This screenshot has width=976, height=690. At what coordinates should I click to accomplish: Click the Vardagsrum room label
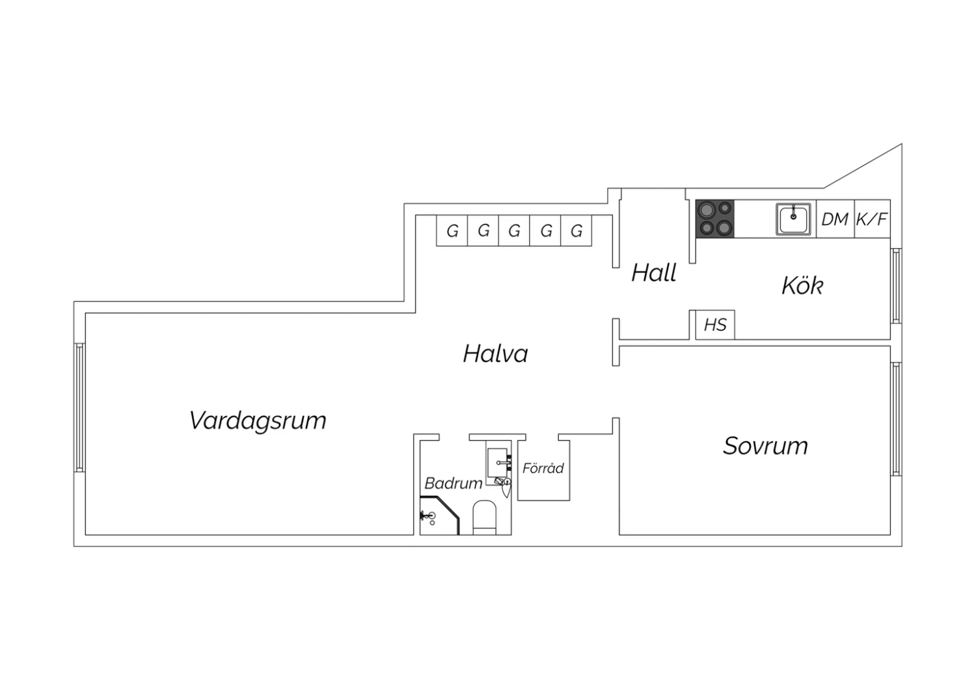pos(258,421)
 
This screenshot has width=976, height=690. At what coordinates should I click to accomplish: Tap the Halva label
pos(495,353)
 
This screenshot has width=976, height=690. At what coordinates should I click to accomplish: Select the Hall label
pos(653,273)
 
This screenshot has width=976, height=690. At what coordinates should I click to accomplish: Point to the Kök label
pos(802,286)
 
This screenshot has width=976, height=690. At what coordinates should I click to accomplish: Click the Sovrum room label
pos(766,446)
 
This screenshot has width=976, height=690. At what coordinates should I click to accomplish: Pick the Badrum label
pos(453,484)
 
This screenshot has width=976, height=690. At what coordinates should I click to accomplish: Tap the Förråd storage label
pos(543,467)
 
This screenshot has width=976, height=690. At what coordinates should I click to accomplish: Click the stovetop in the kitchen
pos(715,219)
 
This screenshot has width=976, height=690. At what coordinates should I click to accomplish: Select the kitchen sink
pos(793,219)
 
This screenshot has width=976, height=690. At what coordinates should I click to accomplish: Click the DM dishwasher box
pos(835,219)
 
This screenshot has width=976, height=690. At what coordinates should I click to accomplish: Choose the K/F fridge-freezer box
pos(873,219)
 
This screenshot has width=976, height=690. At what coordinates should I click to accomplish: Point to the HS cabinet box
pos(715,325)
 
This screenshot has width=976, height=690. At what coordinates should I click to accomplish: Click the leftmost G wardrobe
pos(452,230)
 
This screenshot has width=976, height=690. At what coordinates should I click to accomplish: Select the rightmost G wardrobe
pos(576,230)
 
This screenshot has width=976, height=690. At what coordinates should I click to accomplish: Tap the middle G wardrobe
pos(514,230)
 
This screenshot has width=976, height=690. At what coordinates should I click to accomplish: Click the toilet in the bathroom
pos(485,517)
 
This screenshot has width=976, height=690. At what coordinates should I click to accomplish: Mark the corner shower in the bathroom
pos(438,516)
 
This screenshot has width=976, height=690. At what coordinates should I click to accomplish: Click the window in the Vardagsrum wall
pos(79,407)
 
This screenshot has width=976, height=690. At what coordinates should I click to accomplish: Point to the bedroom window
pos(896,419)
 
